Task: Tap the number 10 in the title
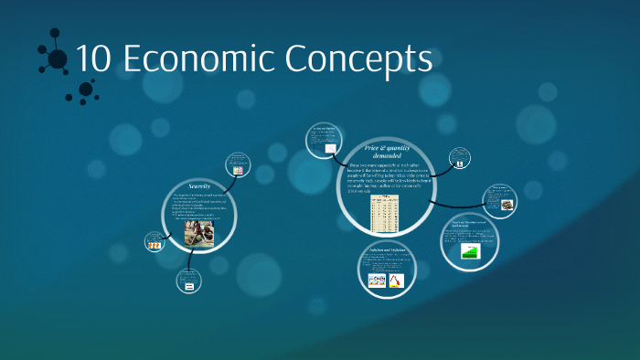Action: tap(92, 59)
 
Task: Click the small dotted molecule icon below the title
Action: tap(85, 90)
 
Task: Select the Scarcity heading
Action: tap(199, 185)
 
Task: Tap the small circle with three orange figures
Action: tap(155, 242)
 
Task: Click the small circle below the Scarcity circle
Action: tap(189, 284)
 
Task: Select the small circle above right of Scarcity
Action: tap(237, 164)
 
